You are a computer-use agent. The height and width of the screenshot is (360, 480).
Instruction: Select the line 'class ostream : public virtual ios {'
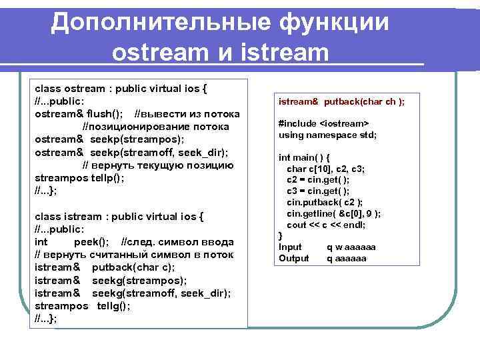(x=121, y=88)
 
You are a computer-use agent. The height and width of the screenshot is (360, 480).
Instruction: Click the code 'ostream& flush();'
(x=78, y=114)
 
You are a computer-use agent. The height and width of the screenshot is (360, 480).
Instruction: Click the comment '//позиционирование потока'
(x=155, y=127)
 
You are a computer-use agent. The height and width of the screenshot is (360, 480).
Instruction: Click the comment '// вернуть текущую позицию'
(x=157, y=165)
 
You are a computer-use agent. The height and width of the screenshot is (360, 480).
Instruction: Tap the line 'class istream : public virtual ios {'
(x=119, y=217)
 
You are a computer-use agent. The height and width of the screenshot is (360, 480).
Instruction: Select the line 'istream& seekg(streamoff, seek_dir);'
(x=133, y=293)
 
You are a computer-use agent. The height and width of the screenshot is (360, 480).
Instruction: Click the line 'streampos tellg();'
(x=82, y=306)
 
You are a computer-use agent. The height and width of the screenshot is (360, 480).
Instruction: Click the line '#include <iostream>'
(x=323, y=123)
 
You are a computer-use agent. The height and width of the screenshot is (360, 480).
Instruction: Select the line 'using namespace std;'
(x=327, y=135)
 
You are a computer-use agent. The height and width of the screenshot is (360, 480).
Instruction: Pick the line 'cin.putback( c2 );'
(x=325, y=202)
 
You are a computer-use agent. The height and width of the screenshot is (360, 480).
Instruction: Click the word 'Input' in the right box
(x=290, y=247)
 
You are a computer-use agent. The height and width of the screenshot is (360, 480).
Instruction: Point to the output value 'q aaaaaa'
(x=346, y=259)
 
